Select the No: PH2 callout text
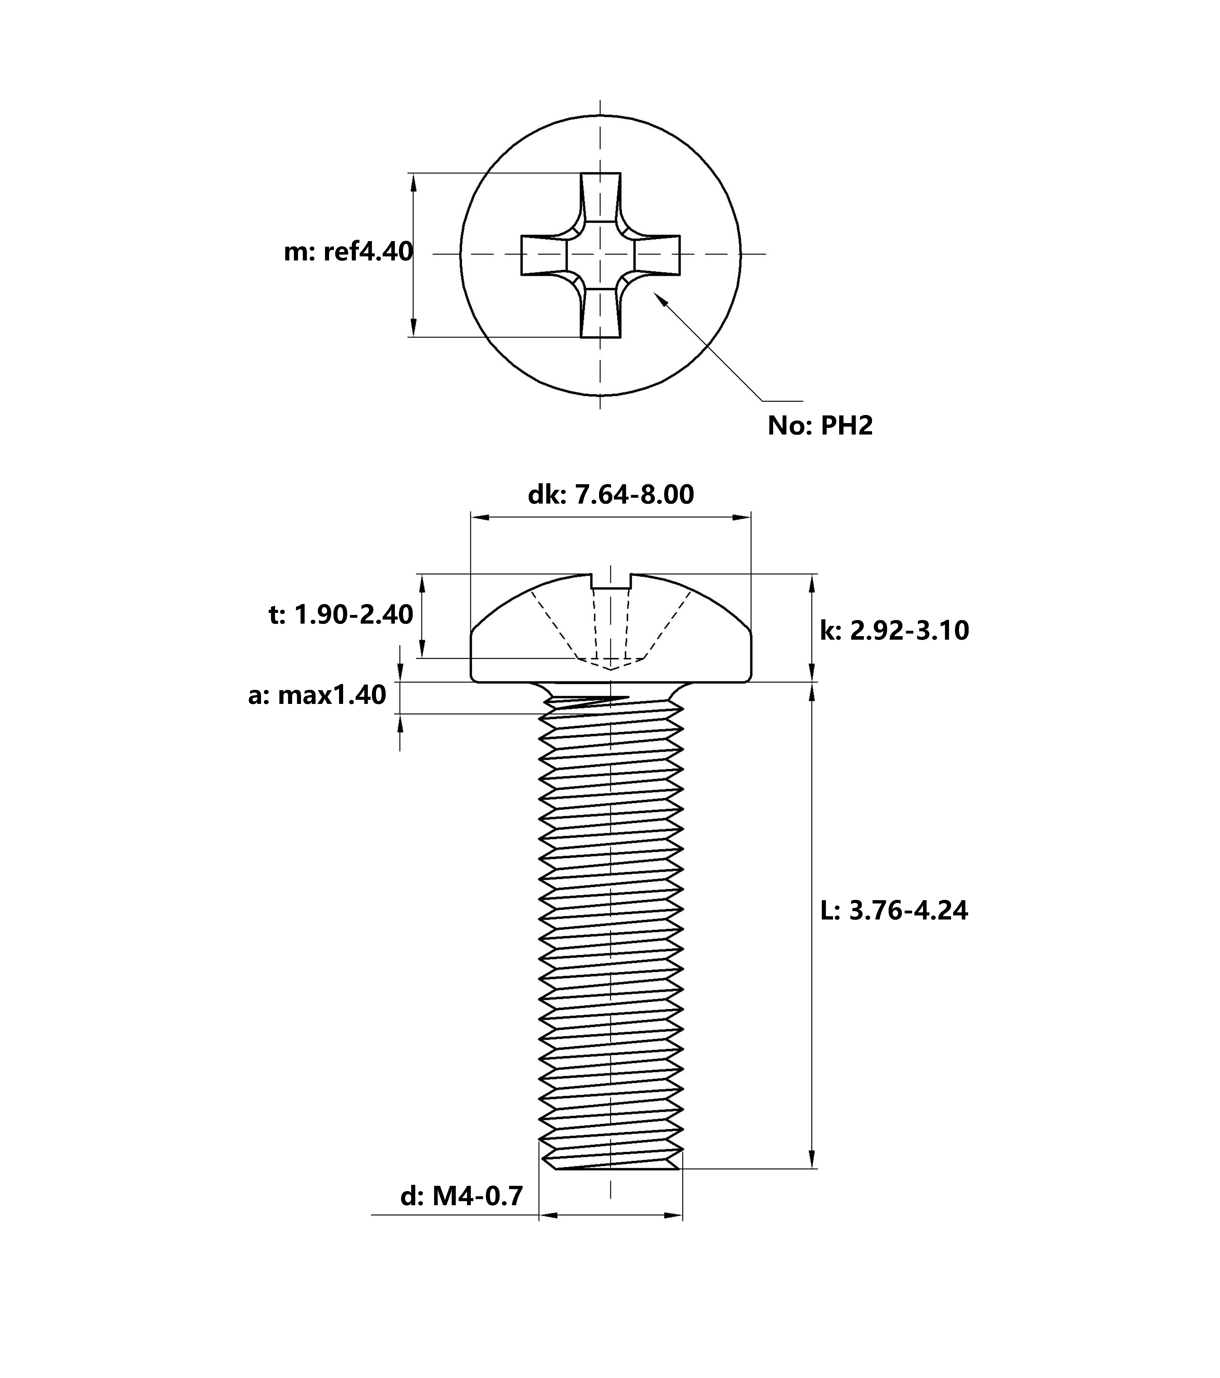(x=820, y=425)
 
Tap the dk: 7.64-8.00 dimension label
(x=610, y=495)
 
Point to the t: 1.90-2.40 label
(x=341, y=615)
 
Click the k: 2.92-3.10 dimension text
(x=894, y=630)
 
